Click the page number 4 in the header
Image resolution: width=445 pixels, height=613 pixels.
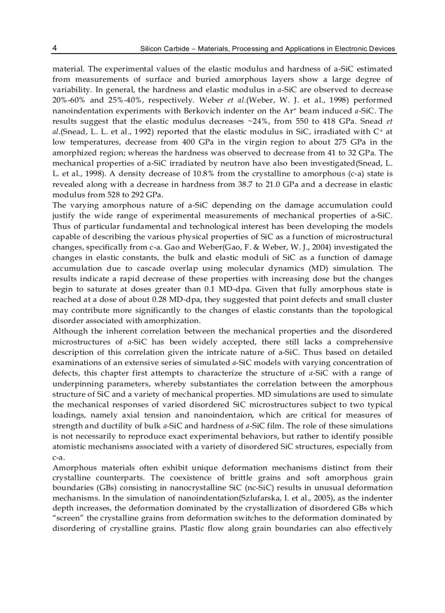(55, 48)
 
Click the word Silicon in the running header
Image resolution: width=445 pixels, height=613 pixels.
(152, 49)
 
